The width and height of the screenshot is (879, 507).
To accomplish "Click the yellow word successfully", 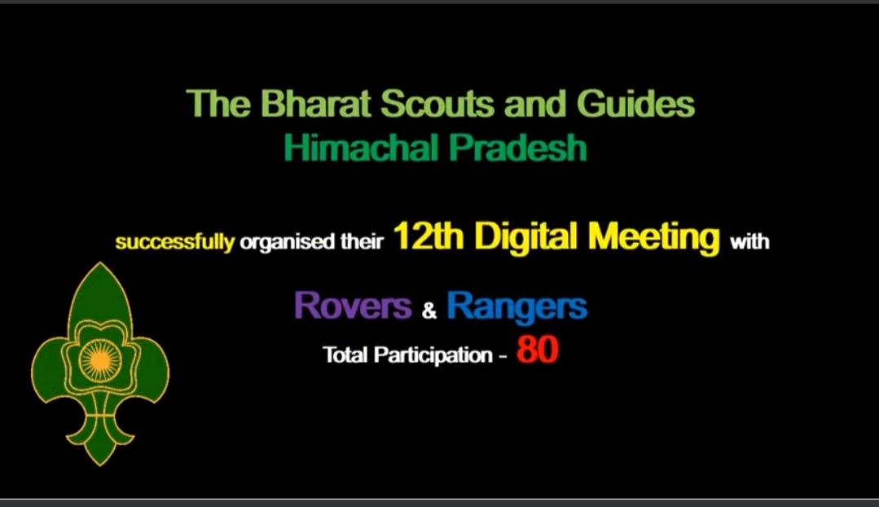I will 174,243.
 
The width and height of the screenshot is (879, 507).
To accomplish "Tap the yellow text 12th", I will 428,238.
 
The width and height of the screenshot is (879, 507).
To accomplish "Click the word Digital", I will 526,238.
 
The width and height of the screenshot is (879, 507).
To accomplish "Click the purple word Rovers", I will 352,306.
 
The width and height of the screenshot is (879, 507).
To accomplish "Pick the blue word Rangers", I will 516,306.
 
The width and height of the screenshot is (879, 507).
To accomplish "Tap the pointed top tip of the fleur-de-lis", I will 100,265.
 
